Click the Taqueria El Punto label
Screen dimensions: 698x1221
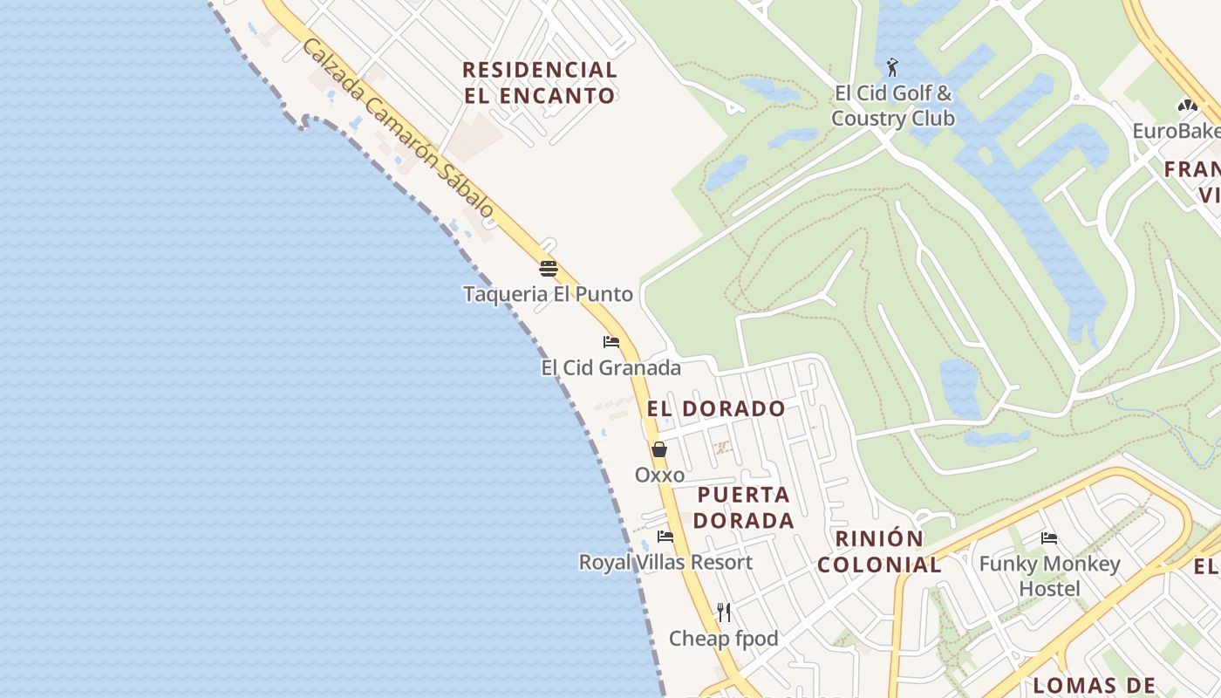point(548,294)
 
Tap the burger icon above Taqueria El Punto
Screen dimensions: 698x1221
point(548,268)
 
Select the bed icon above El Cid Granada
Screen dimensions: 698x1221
point(610,342)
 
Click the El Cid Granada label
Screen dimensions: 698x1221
point(610,368)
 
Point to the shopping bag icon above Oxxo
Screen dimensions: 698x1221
point(659,450)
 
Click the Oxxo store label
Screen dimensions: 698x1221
point(659,476)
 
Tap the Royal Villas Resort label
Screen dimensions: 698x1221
point(665,562)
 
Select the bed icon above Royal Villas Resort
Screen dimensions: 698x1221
point(665,536)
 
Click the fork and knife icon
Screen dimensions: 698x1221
point(723,612)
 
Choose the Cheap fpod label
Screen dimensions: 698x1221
point(723,639)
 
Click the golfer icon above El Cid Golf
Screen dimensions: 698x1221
point(891,67)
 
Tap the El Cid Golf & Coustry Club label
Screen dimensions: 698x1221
point(893,106)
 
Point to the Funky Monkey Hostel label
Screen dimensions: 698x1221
point(1049,576)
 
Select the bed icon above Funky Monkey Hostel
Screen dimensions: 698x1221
point(1049,537)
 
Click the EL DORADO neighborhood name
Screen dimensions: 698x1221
point(716,408)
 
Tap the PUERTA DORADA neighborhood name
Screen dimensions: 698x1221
point(745,508)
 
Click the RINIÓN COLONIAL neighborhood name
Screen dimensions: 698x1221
point(879,551)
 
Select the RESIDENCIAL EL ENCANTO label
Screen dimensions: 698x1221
point(540,83)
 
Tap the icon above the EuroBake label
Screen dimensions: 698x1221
point(1187,106)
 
